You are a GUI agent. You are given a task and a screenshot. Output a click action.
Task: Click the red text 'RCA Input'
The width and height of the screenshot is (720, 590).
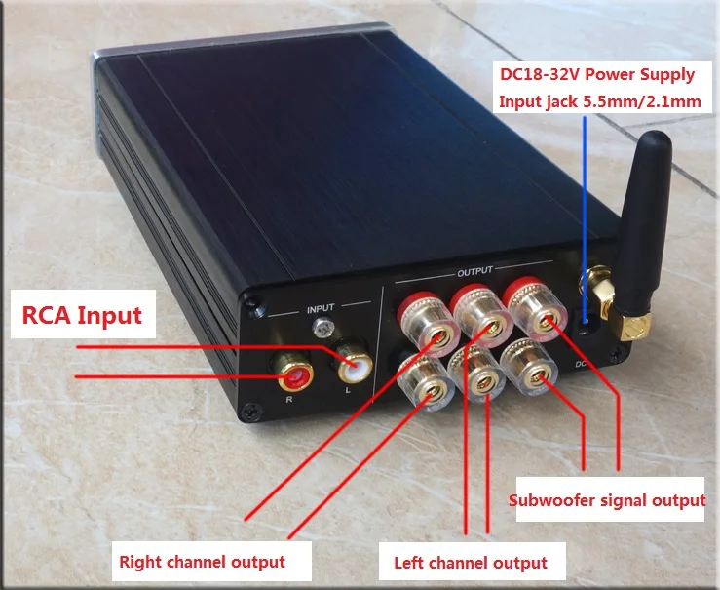pyautogui.click(x=83, y=315)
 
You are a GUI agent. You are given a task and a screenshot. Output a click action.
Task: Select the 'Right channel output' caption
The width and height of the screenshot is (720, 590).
pyautogui.click(x=202, y=562)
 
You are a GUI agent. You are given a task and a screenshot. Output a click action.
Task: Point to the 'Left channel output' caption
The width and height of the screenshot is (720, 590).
pyautogui.click(x=470, y=563)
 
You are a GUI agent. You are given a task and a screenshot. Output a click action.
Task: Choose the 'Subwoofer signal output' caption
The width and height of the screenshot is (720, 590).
pyautogui.click(x=607, y=501)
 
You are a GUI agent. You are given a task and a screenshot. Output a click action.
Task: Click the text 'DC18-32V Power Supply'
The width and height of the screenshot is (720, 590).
pyautogui.click(x=597, y=74)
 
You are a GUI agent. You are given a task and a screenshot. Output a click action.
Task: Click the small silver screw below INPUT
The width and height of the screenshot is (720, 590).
pyautogui.click(x=321, y=332)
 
